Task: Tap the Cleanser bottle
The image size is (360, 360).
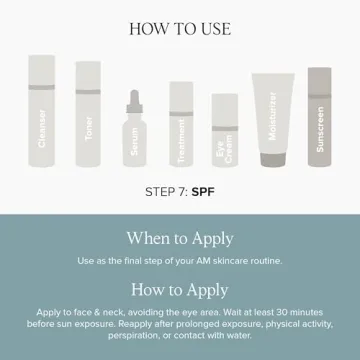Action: pyautogui.click(x=40, y=115)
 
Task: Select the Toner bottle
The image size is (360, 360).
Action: pyautogui.click(x=89, y=115)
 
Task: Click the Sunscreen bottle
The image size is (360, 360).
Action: pyautogui.click(x=319, y=118)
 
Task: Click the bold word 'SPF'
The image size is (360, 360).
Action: pyautogui.click(x=205, y=190)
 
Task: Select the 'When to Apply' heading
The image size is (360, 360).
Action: pyautogui.click(x=180, y=238)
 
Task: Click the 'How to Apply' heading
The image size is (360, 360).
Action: pyautogui.click(x=180, y=290)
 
